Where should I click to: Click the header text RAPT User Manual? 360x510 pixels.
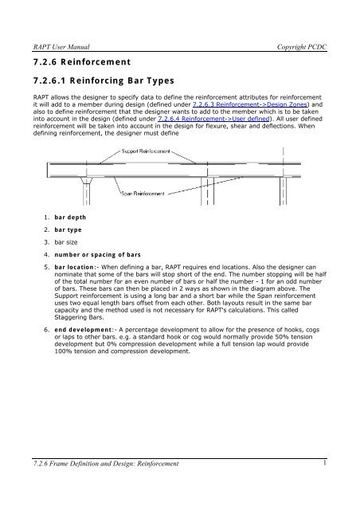click(61, 47)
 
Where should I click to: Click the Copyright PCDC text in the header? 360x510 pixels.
click(302, 47)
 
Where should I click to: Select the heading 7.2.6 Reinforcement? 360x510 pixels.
click(82, 62)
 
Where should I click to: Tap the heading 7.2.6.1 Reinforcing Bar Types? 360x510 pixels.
click(104, 80)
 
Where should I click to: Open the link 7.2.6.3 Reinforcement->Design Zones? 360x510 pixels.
click(250, 104)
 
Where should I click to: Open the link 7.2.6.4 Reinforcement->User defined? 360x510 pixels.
click(213, 119)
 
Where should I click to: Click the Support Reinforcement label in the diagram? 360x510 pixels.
click(146, 151)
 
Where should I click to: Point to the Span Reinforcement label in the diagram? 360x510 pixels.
click(143, 194)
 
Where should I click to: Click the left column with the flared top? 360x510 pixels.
click(87, 191)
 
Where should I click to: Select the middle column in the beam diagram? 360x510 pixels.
click(208, 191)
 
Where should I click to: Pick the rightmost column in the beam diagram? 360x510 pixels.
click(284, 191)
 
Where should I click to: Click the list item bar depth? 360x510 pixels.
click(70, 218)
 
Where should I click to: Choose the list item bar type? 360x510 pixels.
click(68, 230)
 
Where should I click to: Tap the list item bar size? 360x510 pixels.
click(66, 242)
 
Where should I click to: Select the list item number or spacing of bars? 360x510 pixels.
click(97, 255)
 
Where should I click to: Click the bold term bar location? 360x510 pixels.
click(74, 267)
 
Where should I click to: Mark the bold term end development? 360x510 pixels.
click(83, 330)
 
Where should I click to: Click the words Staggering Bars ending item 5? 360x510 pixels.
click(79, 317)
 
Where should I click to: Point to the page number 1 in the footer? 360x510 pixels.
click(324, 463)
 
